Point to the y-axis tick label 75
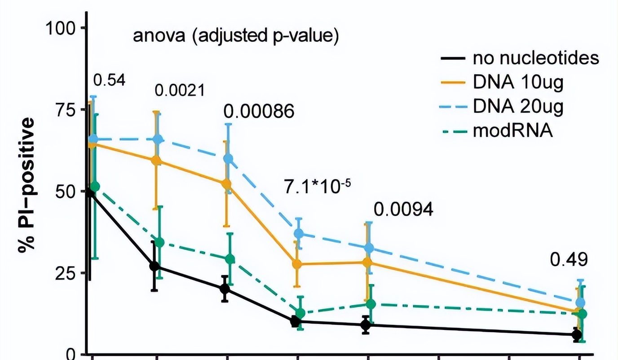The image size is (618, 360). click(66, 110)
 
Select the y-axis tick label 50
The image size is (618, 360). click(66, 191)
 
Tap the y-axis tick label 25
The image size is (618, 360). click(66, 273)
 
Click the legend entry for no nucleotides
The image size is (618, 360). click(536, 58)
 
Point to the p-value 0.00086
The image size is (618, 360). click(259, 111)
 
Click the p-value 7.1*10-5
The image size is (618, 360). click(317, 186)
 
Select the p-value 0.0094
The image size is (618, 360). click(404, 209)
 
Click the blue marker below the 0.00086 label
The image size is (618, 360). click(228, 159)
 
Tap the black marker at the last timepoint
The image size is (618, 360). click(577, 334)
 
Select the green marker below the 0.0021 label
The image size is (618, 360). click(159, 243)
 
